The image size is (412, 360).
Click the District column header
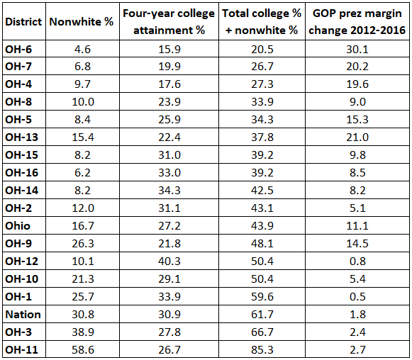pyautogui.click(x=23, y=22)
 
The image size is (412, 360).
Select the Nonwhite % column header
pyautogui.click(x=82, y=22)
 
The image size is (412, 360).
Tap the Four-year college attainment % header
pyautogui.click(x=169, y=22)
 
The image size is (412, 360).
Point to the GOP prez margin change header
pyautogui.click(x=357, y=22)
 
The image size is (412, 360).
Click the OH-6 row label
pyautogui.click(x=18, y=49)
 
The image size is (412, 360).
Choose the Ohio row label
pyautogui.click(x=18, y=226)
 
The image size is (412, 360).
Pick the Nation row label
pyautogui.click(x=23, y=315)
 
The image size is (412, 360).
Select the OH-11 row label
pyautogui.click(x=21, y=350)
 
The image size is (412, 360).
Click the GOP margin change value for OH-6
pyautogui.click(x=357, y=49)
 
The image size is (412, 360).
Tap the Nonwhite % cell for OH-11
pyautogui.click(x=83, y=350)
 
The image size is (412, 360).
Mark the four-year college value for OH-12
pyautogui.click(x=169, y=261)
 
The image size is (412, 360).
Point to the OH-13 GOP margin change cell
pyautogui.click(x=357, y=137)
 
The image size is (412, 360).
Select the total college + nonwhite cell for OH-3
pyautogui.click(x=262, y=332)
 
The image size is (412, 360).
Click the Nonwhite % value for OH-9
pyautogui.click(x=83, y=244)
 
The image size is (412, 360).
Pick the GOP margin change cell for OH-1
pyautogui.click(x=357, y=297)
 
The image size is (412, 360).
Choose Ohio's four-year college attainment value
pyautogui.click(x=169, y=226)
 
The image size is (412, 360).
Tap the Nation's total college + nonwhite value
pyautogui.click(x=262, y=315)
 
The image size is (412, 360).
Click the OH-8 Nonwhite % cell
pyautogui.click(x=83, y=102)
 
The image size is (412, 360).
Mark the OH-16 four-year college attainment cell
pyautogui.click(x=169, y=173)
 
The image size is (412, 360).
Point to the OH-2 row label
pyautogui.click(x=18, y=208)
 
